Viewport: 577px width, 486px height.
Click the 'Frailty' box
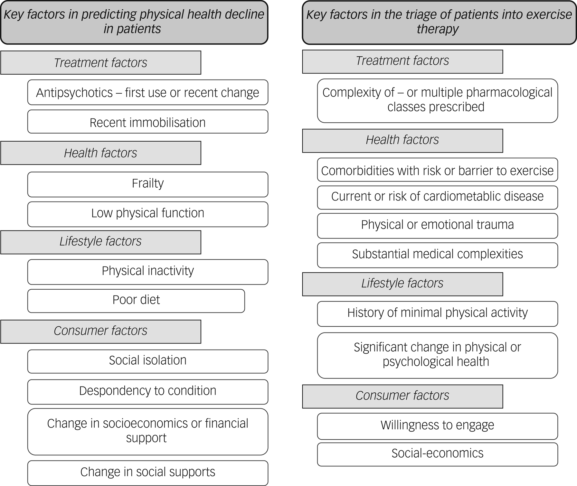pyautogui.click(x=147, y=184)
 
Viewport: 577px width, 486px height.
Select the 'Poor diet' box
pyautogui.click(x=136, y=301)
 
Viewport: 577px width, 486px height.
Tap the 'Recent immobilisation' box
pyautogui.click(x=147, y=122)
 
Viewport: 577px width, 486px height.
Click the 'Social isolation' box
pyautogui.click(x=147, y=361)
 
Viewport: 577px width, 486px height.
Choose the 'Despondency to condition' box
pyautogui.click(x=147, y=391)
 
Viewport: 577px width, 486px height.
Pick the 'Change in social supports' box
pyautogui.click(x=147, y=472)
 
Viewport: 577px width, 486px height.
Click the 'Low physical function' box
pyautogui.click(x=147, y=214)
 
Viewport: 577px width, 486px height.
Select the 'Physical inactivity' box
pyautogui.click(x=147, y=272)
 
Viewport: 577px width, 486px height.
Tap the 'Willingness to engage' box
pyautogui.click(x=437, y=426)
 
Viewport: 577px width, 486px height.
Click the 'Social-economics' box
pyautogui.click(x=437, y=454)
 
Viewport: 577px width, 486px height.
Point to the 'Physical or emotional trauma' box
pyautogui.click(x=437, y=225)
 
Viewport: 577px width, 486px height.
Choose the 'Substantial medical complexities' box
pyautogui.click(x=437, y=255)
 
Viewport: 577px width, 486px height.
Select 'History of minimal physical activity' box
pyautogui.click(x=437, y=313)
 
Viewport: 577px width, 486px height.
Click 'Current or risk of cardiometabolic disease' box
pyautogui.click(x=437, y=197)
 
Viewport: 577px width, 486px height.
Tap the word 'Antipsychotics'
pyautogui.click(x=74, y=93)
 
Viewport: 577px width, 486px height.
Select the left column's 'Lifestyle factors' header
pyautogui.click(x=100, y=242)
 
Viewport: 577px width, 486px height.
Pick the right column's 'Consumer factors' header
pyautogui.click(x=402, y=396)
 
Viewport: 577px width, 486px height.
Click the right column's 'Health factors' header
pyautogui.click(x=402, y=140)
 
